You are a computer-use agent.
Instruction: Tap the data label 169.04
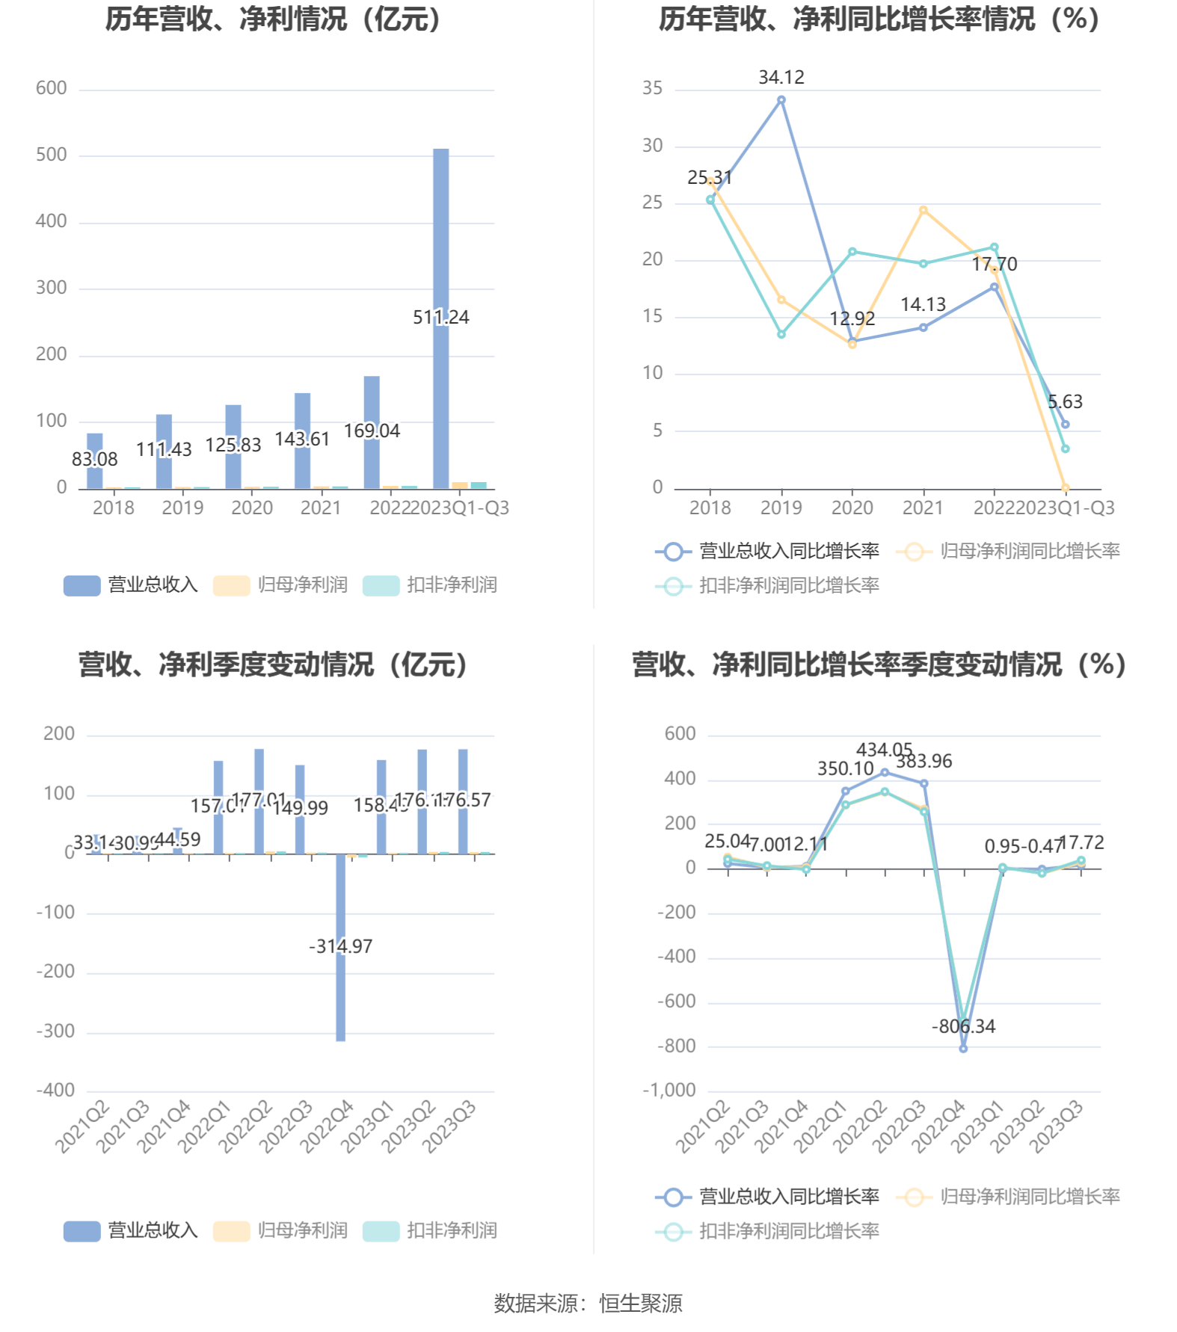[x=372, y=431]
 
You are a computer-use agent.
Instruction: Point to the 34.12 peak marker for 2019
[x=781, y=100]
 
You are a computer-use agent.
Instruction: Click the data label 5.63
[x=1065, y=402]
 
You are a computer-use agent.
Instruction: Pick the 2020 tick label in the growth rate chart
[x=852, y=508]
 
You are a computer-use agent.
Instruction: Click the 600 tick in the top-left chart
[x=52, y=88]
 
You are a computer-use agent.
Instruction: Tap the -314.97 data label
[x=340, y=946]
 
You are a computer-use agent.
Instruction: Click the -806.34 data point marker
[x=963, y=1049]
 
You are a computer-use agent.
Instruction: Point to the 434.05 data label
[x=884, y=750]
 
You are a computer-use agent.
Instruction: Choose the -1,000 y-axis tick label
[x=669, y=1091]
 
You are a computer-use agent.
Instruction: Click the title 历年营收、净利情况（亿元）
[x=273, y=19]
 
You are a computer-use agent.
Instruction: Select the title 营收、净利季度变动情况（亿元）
[x=273, y=665]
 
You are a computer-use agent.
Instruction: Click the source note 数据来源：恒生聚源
[x=588, y=1304]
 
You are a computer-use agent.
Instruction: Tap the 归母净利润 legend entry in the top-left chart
[x=281, y=585]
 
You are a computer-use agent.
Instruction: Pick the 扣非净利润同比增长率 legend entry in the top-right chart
[x=768, y=585]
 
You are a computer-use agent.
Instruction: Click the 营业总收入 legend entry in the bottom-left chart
[x=132, y=1230]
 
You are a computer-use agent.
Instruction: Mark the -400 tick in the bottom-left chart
[x=56, y=1091]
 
